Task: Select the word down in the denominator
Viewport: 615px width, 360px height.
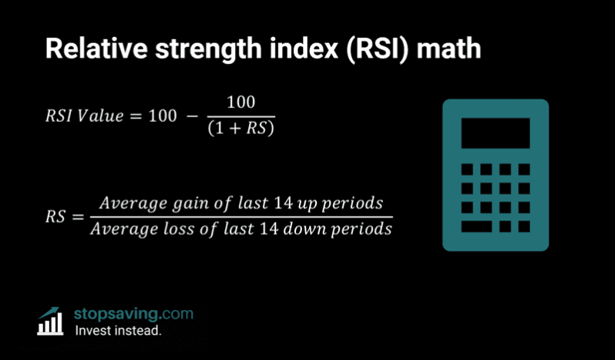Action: [324, 229]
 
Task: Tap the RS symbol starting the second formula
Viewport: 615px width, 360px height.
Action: [56, 217]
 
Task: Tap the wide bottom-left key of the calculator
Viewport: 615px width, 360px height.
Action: [476, 227]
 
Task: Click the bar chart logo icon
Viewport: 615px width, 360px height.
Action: [52, 321]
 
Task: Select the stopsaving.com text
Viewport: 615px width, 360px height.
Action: [133, 314]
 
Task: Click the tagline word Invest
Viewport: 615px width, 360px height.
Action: [92, 331]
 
